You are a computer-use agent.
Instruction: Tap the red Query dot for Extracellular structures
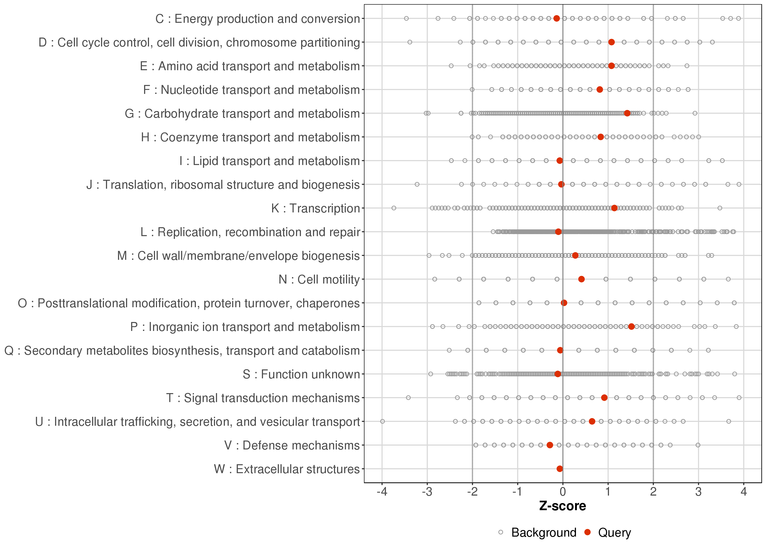pyautogui.click(x=560, y=469)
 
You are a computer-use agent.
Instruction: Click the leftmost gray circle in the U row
pyautogui.click(x=382, y=421)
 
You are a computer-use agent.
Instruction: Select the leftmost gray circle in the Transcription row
pyautogui.click(x=394, y=208)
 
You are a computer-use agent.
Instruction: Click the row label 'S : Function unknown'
pyautogui.click(x=301, y=374)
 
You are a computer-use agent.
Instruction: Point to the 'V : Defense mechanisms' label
pyautogui.click(x=292, y=445)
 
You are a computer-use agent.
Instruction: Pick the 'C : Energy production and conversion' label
pyautogui.click(x=258, y=19)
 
